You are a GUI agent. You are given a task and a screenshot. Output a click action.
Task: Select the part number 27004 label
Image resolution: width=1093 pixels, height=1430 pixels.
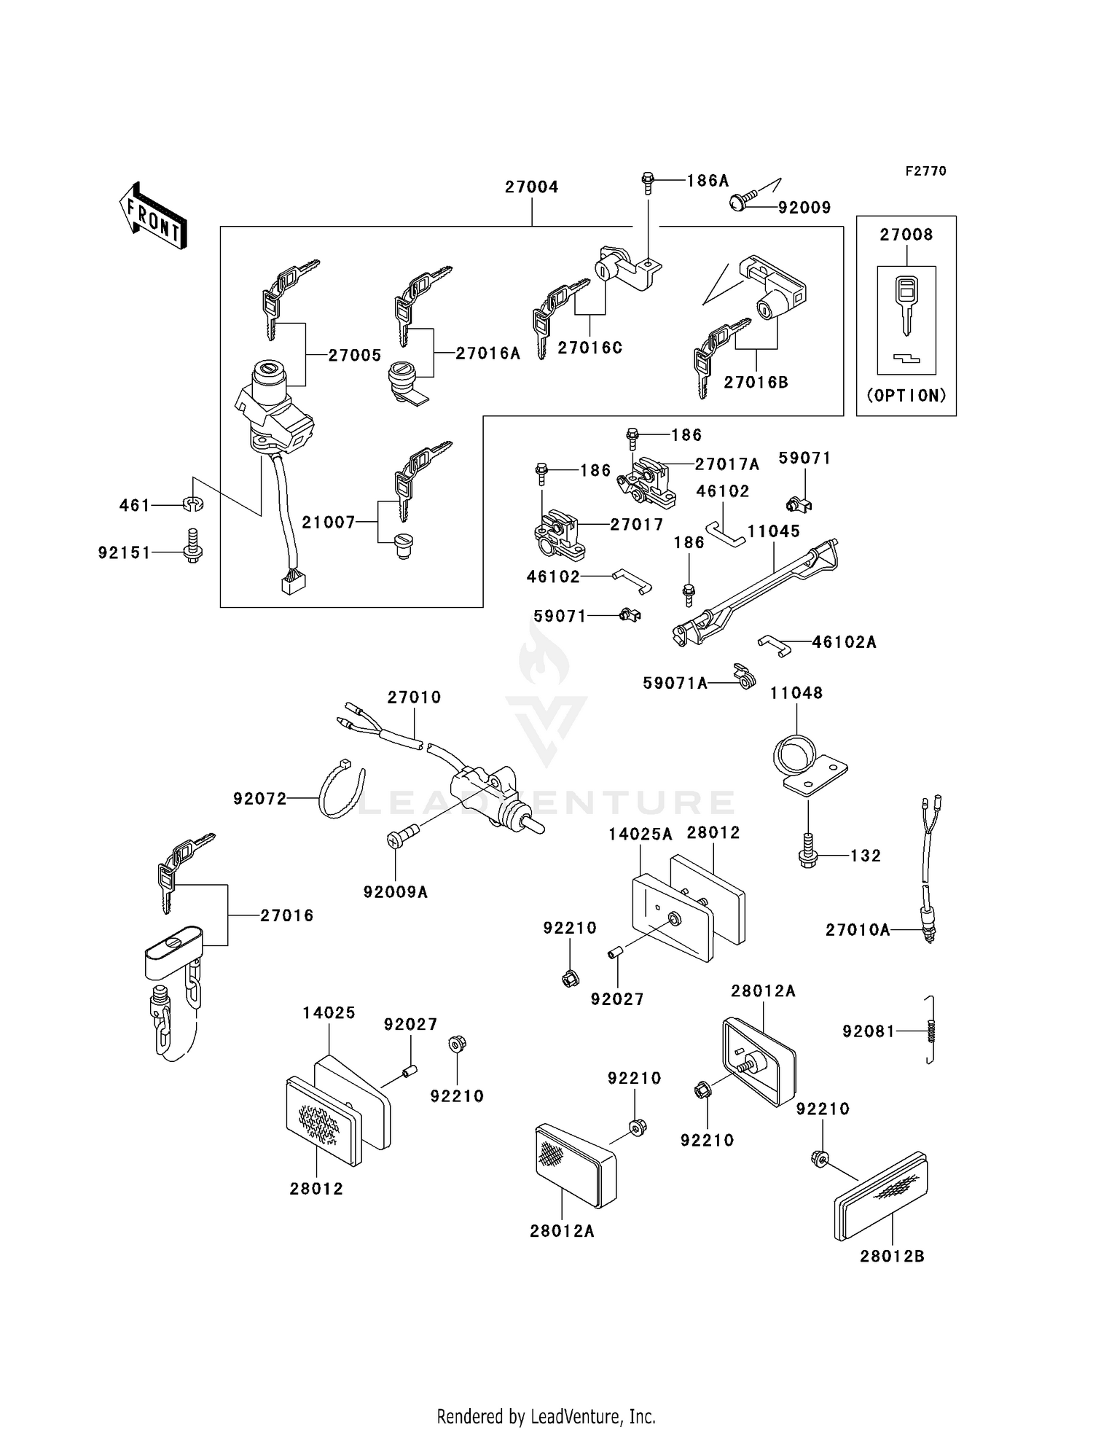pyautogui.click(x=531, y=187)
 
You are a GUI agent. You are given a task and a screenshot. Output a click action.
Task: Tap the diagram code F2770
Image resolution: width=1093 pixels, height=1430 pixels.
pyautogui.click(x=925, y=171)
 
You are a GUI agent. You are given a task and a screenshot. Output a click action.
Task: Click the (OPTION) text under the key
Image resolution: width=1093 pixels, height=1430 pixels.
pyautogui.click(x=906, y=396)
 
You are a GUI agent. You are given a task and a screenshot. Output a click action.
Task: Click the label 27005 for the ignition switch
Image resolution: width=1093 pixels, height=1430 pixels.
pyautogui.click(x=354, y=356)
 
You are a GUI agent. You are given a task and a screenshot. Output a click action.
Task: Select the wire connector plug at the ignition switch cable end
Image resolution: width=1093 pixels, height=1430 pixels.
pyautogui.click(x=293, y=582)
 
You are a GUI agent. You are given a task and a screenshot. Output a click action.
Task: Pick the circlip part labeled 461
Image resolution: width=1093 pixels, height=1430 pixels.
pyautogui.click(x=193, y=504)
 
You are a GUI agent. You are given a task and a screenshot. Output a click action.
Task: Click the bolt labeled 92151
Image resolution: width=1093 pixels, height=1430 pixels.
pyautogui.click(x=192, y=547)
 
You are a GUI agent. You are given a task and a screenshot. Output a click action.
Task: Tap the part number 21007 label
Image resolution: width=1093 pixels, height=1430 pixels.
pyautogui.click(x=329, y=523)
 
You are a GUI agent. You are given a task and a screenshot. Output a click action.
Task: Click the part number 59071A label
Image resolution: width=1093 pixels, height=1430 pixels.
pyautogui.click(x=675, y=684)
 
